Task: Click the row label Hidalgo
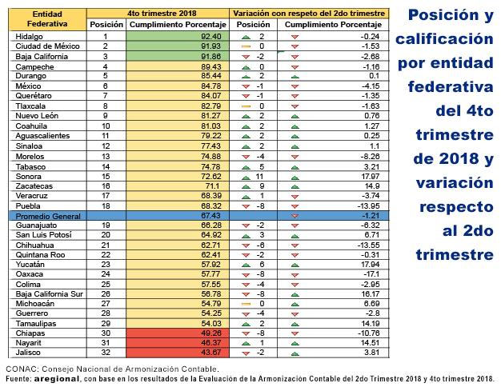(29, 37)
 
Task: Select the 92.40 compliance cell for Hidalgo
(178, 37)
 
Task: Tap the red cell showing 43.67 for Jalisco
(178, 353)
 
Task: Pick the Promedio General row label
(48, 216)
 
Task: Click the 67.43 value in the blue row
(210, 216)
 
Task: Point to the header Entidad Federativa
(47, 19)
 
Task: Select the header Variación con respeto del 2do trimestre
(309, 14)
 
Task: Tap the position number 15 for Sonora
(106, 177)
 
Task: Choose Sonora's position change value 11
(259, 177)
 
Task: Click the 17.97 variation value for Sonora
(371, 177)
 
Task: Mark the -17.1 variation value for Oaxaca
(371, 274)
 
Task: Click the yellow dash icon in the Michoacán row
(246, 304)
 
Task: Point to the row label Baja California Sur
(49, 294)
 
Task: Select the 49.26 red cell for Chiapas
(178, 333)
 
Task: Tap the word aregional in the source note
(57, 379)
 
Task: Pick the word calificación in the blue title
(444, 39)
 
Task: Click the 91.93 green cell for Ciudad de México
(178, 46)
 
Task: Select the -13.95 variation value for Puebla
(369, 205)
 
